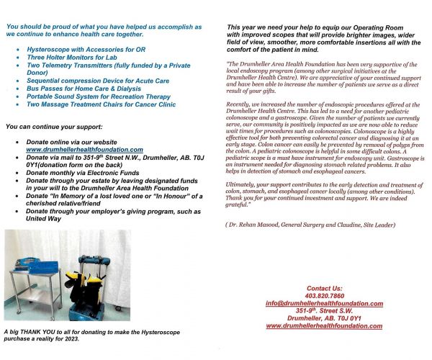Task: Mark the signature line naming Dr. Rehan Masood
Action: [x=300, y=226]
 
